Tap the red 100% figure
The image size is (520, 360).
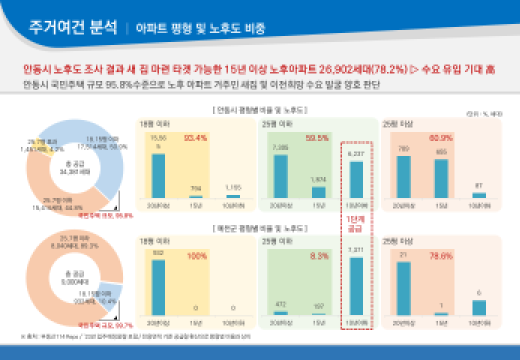[x=196, y=256]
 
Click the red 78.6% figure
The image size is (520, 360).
[x=440, y=256]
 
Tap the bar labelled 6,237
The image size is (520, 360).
[x=356, y=179]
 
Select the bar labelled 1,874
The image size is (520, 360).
[x=318, y=192]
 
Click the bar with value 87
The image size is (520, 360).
[x=479, y=195]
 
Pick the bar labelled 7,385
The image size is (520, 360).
[x=280, y=176]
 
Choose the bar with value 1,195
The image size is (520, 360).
[x=233, y=196]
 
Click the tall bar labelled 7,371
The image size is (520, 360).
[x=356, y=286]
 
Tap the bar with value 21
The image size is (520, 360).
[x=403, y=288]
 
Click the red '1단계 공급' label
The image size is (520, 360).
[x=356, y=225]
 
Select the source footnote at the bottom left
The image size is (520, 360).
[x=135, y=337]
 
